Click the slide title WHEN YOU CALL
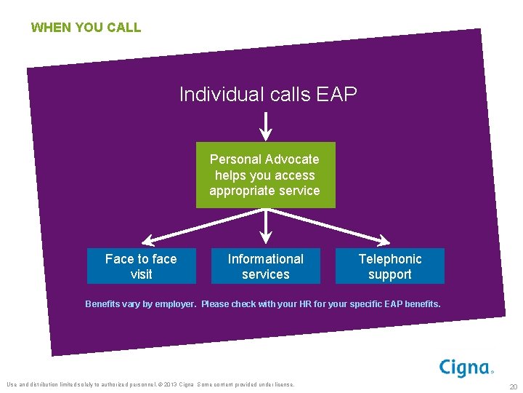pyautogui.click(x=86, y=28)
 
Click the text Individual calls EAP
pyautogui.click(x=268, y=95)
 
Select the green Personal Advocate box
pyautogui.click(x=265, y=175)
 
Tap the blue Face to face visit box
pyautogui.click(x=141, y=266)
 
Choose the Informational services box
pyautogui.click(x=265, y=266)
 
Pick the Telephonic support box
pyautogui.click(x=389, y=266)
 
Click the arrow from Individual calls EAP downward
pyautogui.click(x=266, y=125)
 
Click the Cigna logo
pyautogui.click(x=466, y=368)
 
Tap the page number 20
pyautogui.click(x=513, y=386)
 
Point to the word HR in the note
pyautogui.click(x=304, y=304)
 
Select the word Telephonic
pyautogui.click(x=390, y=259)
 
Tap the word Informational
pyautogui.click(x=265, y=259)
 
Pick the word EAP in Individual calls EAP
pyautogui.click(x=337, y=95)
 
